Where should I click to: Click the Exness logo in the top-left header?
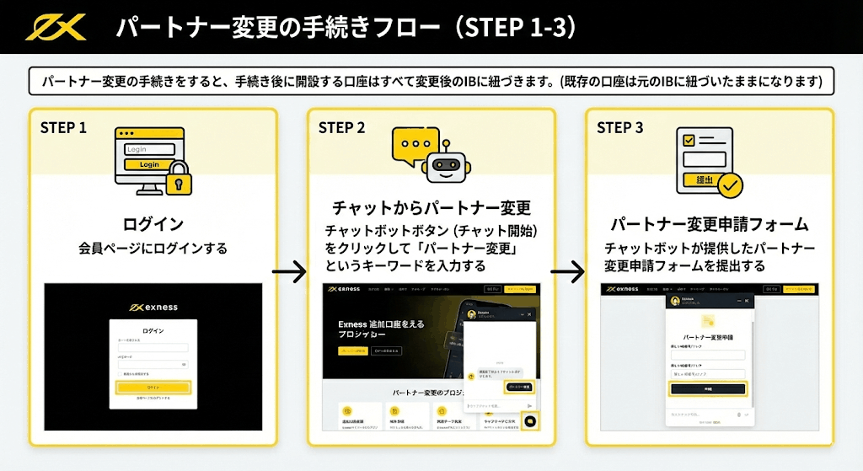[x=56, y=27]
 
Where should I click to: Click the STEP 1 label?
[x=64, y=128]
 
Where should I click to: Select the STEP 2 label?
[x=341, y=128]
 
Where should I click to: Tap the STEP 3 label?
[x=619, y=128]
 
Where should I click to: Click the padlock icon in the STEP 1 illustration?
[x=179, y=179]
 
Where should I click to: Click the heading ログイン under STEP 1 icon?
[x=153, y=224]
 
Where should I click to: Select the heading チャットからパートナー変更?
[x=431, y=207]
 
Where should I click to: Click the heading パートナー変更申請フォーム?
[x=709, y=225]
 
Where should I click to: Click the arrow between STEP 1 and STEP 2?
[x=289, y=272]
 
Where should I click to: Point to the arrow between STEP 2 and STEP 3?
[x=567, y=272]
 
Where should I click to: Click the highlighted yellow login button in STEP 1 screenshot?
[x=153, y=388]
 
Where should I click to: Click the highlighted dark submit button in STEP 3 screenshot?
[x=708, y=388]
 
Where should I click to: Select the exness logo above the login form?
[x=153, y=308]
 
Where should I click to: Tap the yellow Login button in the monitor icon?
[x=149, y=164]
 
